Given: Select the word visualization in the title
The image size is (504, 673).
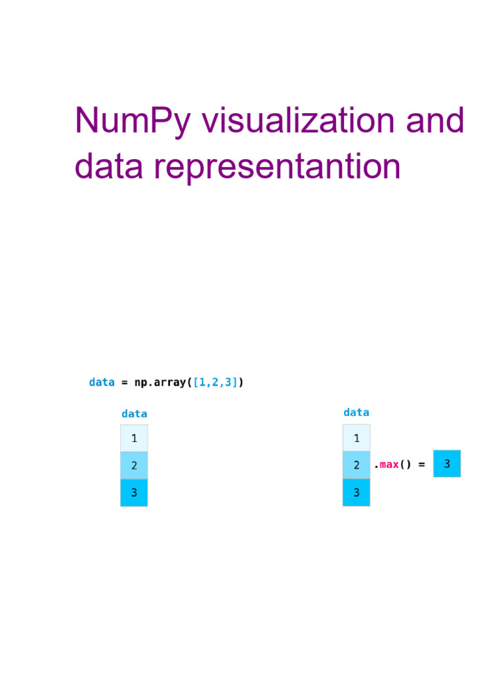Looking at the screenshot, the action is click(298, 122).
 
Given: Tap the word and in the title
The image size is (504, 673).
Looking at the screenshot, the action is click(434, 122).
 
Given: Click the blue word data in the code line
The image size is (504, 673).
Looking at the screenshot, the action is click(102, 383).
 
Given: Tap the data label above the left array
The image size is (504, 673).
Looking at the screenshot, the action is click(134, 414).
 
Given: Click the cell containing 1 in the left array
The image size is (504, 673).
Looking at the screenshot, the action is click(134, 438).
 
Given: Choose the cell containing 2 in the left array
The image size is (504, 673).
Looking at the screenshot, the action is click(134, 465).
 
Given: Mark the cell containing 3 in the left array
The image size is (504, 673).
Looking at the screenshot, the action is click(134, 492).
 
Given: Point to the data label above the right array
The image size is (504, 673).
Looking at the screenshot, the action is click(356, 413).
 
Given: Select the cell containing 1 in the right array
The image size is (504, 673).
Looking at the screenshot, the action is click(356, 438).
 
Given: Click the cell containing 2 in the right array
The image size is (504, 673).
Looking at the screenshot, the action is click(356, 465).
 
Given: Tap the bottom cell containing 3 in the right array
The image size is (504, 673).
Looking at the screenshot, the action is click(356, 492).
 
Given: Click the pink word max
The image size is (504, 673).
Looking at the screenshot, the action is click(389, 465).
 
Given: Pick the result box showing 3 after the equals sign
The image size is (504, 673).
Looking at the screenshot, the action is click(447, 464).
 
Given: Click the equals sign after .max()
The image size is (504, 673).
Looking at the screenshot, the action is click(421, 465).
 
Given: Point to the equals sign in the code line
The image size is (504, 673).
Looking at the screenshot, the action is click(125, 383).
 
